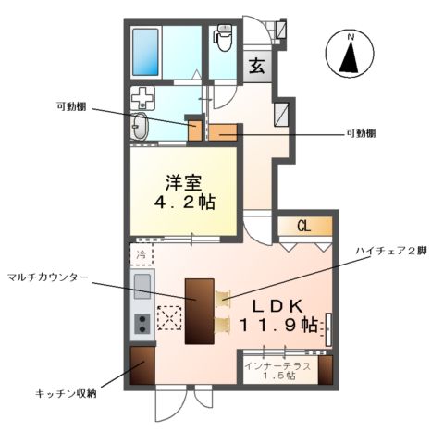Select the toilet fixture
[x=223, y=39]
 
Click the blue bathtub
[x=147, y=50]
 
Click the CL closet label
[x=303, y=226]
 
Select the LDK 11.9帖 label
[x=277, y=314]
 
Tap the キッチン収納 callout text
[x=66, y=393]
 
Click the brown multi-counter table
[x=199, y=311]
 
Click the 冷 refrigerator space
[x=142, y=253]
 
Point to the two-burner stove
[x=142, y=324]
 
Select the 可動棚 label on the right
[x=360, y=134]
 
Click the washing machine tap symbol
[x=142, y=96]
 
